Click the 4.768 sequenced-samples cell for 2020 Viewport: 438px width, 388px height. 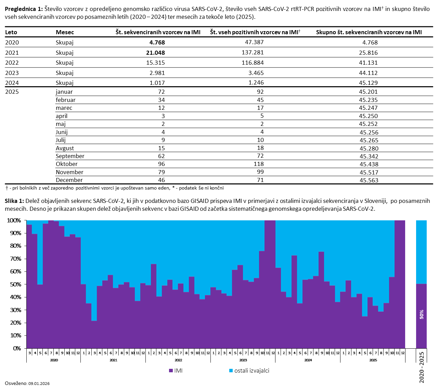coord(157,42)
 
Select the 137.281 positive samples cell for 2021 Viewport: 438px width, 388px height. coord(253,52)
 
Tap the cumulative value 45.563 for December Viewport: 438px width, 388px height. coord(369,180)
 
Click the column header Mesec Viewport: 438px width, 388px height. coord(65,32)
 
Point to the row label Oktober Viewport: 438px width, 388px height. coord(67,164)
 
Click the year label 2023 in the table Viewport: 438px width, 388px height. coord(12,73)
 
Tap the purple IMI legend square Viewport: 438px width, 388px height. coord(171,371)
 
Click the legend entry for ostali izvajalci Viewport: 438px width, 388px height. coord(252,371)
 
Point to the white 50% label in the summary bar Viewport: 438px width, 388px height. coord(422,314)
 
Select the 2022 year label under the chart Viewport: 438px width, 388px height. coord(178,360)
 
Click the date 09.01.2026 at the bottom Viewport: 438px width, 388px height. coord(39,384)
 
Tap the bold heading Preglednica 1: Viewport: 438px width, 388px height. coord(24,9)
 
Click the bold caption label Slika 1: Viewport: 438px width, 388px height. coord(14,201)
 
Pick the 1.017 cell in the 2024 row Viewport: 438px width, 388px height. coord(157,82)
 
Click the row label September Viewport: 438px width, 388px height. coord(70,156)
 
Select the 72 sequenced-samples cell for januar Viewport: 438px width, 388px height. coord(161,92)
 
